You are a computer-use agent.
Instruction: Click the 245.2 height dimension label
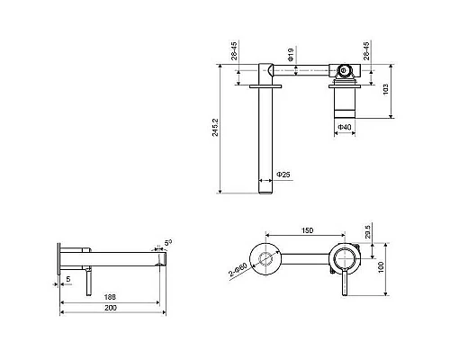[215, 128]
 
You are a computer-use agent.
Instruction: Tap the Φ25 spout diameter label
[283, 175]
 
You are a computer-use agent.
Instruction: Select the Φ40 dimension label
[345, 127]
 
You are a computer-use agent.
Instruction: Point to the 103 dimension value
[386, 89]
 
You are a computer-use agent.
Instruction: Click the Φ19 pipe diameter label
[291, 54]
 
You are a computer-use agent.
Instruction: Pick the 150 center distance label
[307, 230]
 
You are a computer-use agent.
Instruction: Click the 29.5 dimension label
[368, 230]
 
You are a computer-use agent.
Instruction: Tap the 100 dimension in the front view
[381, 267]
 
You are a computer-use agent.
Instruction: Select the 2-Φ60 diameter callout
[238, 269]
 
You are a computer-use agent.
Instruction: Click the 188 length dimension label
[110, 297]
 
